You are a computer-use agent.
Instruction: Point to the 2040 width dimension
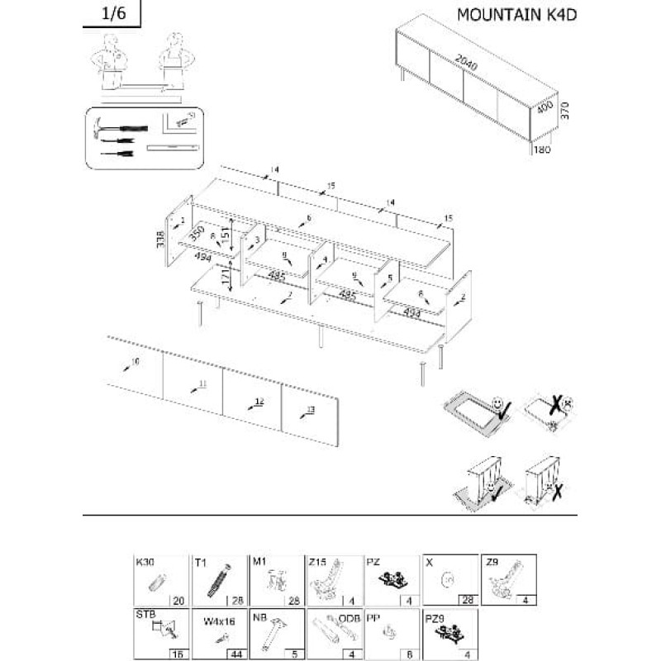tap(468, 59)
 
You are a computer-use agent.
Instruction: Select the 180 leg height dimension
tap(542, 150)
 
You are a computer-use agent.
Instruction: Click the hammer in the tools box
tap(105, 129)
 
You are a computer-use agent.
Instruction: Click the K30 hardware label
tap(145, 562)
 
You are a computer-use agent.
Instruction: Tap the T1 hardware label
tap(200, 563)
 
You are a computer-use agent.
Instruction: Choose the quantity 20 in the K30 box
tap(177, 601)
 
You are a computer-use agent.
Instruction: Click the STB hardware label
tap(145, 615)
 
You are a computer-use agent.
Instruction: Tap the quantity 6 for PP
tap(411, 654)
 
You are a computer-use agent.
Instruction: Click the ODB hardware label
tap(350, 616)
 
